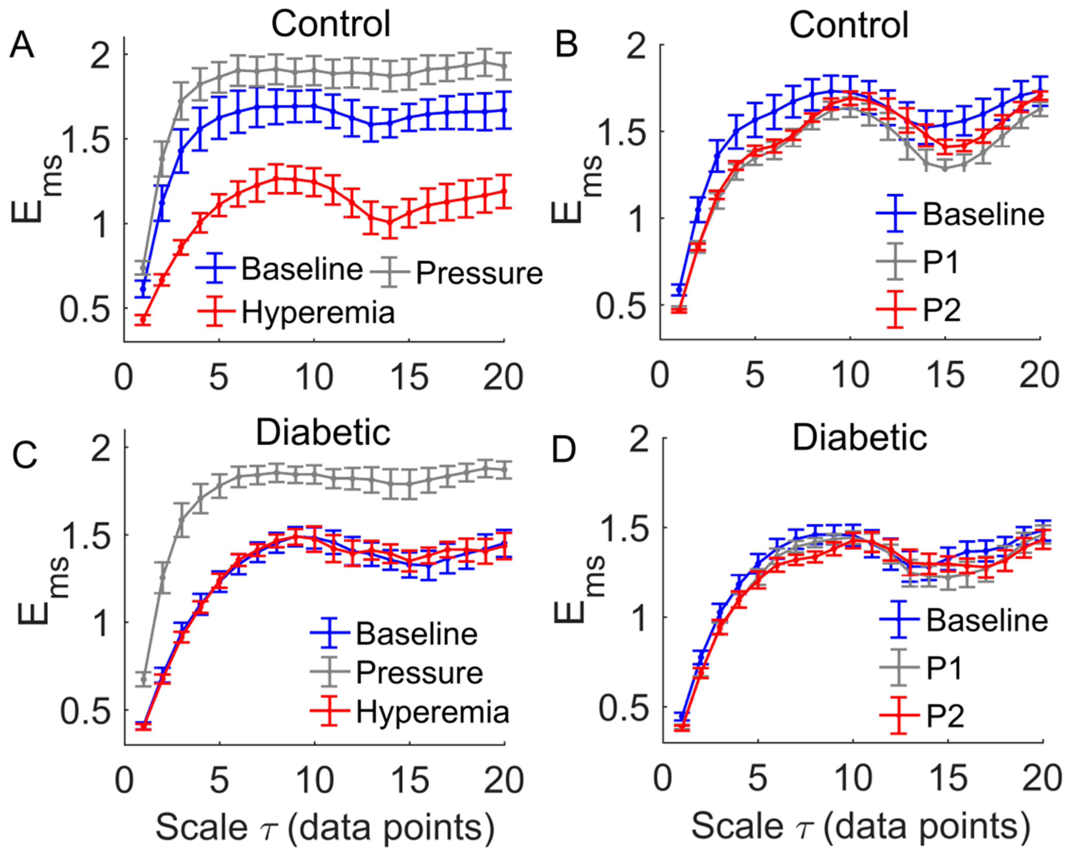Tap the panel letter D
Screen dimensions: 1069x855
pos(564,449)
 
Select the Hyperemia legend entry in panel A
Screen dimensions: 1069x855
pos(296,312)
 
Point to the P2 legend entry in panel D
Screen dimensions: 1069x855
pos(922,716)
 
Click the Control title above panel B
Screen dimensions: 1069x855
pos(849,25)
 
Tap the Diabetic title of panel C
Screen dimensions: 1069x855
pos(323,433)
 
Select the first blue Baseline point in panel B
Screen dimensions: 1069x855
pos(679,289)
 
